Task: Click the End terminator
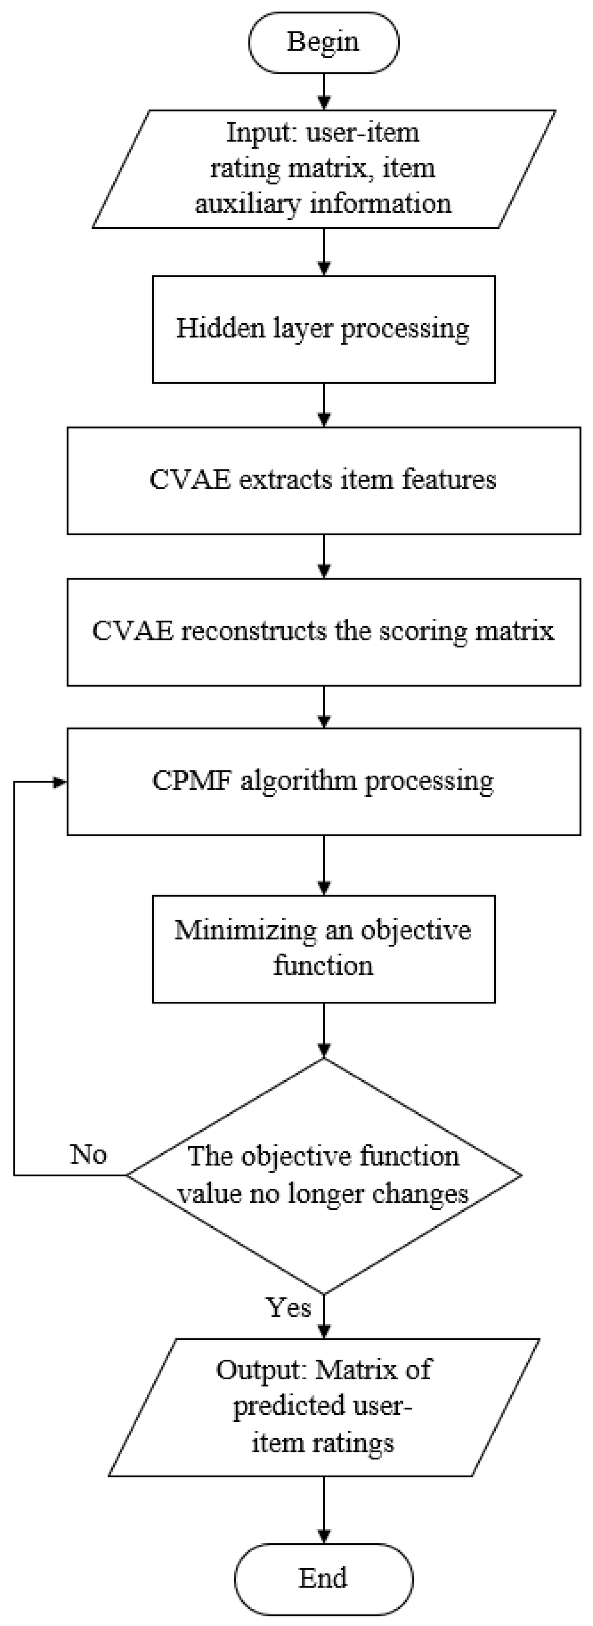point(324,1578)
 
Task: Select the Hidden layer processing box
point(324,329)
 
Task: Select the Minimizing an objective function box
point(324,948)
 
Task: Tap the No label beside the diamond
point(88,1155)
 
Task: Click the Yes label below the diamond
point(289,1307)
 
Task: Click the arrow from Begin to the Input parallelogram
point(324,92)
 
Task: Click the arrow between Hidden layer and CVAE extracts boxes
point(324,404)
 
